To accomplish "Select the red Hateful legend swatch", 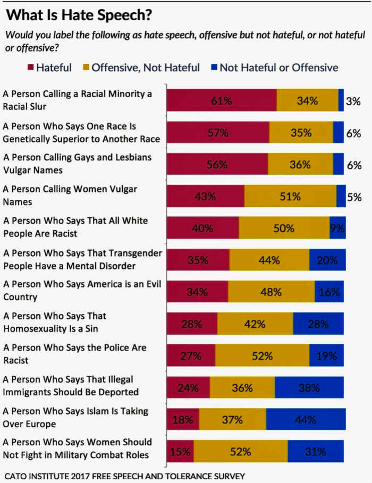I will click(x=30, y=67).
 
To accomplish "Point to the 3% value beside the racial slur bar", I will click(x=353, y=100).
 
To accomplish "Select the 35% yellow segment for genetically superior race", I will click(x=301, y=132).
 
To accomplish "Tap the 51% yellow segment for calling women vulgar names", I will click(x=290, y=196).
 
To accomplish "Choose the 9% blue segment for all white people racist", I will click(x=337, y=228).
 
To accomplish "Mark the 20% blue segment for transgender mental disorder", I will click(x=327, y=260).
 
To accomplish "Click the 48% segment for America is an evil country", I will click(x=271, y=292).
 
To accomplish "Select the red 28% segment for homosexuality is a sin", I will click(x=192, y=324).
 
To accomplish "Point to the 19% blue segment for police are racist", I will click(x=326, y=355).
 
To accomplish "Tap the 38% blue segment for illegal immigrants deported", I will click(x=309, y=387).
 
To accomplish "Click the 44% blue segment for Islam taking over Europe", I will click(x=306, y=419).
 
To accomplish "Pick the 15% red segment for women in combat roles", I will click(x=180, y=451).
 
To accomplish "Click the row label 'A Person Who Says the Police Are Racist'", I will click(x=74, y=354).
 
